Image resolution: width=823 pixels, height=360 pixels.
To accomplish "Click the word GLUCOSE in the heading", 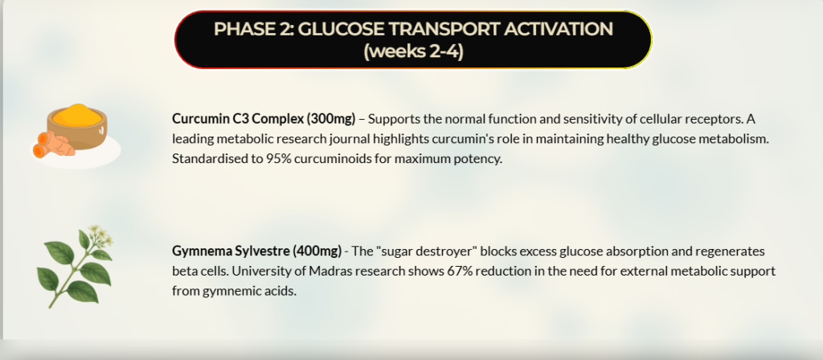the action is (x=341, y=29).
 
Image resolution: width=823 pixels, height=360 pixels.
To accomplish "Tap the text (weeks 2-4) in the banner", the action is (x=414, y=52).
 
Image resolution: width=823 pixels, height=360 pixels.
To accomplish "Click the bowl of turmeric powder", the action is (x=77, y=126).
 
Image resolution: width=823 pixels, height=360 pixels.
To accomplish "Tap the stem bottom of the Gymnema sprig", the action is (x=51, y=306).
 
